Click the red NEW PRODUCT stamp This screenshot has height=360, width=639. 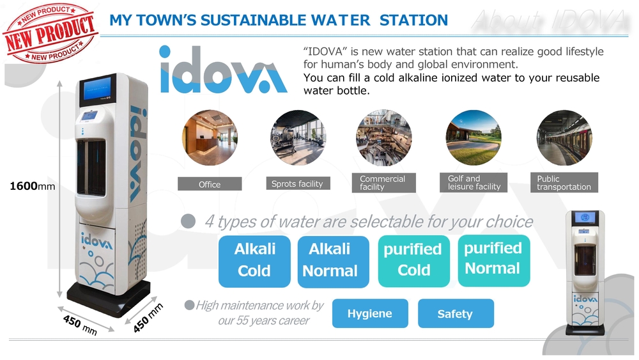click(x=50, y=33)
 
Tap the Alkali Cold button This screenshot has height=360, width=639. click(x=254, y=262)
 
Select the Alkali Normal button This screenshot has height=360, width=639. click(x=333, y=262)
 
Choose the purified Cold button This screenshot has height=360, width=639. click(x=413, y=260)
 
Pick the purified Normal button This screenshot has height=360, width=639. click(x=494, y=260)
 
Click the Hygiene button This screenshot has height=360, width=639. click(x=370, y=313)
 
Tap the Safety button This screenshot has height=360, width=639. click(x=456, y=313)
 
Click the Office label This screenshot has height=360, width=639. click(x=210, y=184)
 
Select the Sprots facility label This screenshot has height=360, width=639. click(x=298, y=184)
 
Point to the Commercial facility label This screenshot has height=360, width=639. click(x=384, y=183)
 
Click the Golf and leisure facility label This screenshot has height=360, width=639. click(x=473, y=182)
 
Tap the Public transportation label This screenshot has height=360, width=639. click(x=564, y=182)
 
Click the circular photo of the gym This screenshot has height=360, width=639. click(x=298, y=137)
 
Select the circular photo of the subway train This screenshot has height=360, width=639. click(x=564, y=137)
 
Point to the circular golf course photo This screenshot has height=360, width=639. click(x=473, y=137)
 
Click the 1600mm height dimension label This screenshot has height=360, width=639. click(x=32, y=186)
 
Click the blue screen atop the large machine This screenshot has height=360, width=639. click(x=97, y=90)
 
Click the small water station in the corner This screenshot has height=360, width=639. click(x=585, y=272)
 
